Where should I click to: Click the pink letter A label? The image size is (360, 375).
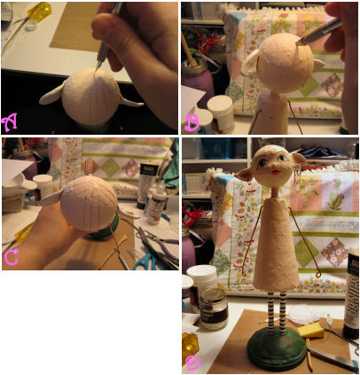pyautogui.click(x=9, y=121)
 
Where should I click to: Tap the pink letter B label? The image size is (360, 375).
pyautogui.click(x=192, y=122)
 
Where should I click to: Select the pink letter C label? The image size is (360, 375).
pyautogui.click(x=12, y=256)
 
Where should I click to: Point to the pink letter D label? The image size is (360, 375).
pyautogui.click(x=193, y=363)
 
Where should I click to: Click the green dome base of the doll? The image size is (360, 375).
pyautogui.click(x=277, y=349)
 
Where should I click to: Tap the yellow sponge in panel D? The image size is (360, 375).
pyautogui.click(x=310, y=330)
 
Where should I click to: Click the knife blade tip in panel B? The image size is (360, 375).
pyautogui.click(x=297, y=44)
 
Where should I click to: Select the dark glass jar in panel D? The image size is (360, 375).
pyautogui.click(x=214, y=309)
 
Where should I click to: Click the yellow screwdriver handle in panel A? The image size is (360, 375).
pyautogui.click(x=39, y=12)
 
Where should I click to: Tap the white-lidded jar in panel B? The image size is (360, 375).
pyautogui.click(x=220, y=114)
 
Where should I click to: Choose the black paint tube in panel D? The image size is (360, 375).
pyautogui.click(x=351, y=295)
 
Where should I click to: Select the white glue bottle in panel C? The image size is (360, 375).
pyautogui.click(x=156, y=203)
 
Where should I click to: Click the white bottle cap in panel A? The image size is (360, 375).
pyautogui.click(x=31, y=27)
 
